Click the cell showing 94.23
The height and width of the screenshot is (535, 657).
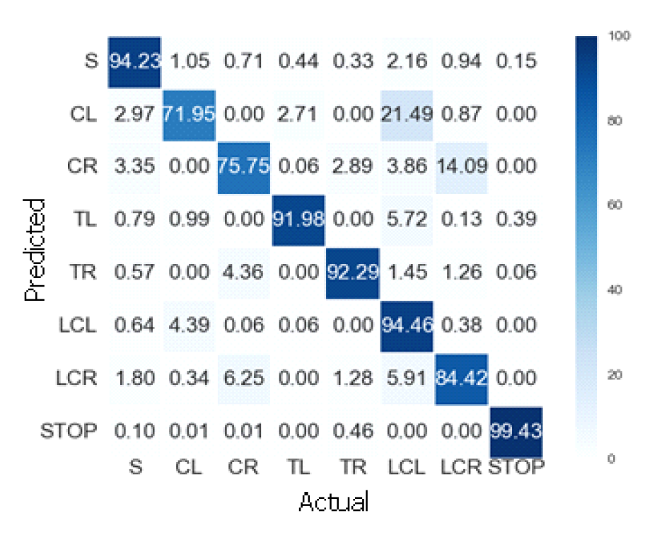(x=134, y=61)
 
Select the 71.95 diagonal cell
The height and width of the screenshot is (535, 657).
(x=189, y=114)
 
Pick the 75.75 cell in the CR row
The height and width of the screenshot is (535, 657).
(x=243, y=167)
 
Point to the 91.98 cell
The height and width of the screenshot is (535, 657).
(x=298, y=220)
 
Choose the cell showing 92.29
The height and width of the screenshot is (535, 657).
(x=352, y=273)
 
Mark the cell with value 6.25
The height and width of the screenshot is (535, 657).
(x=243, y=379)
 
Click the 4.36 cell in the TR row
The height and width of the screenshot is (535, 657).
(x=243, y=273)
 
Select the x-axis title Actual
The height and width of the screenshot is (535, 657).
(x=334, y=501)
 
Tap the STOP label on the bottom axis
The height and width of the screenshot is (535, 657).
(x=516, y=467)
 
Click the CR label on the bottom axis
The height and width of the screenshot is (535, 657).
(x=243, y=467)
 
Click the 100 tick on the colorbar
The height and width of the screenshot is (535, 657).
(x=617, y=35)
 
